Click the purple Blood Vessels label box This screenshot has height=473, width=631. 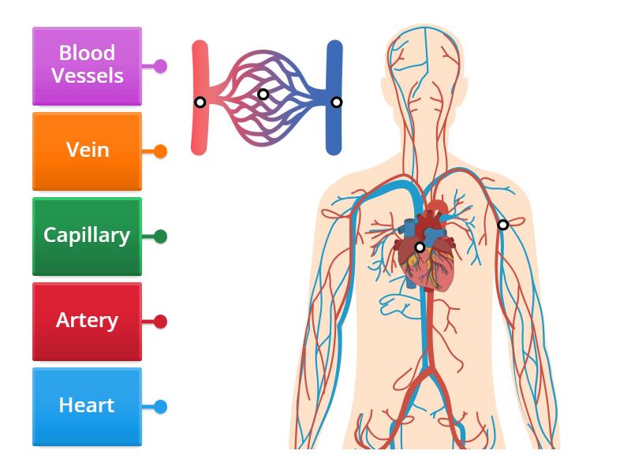[87, 65]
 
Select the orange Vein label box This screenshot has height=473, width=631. [87, 151]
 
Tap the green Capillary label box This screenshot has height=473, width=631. [87, 236]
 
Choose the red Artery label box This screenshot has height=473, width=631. [87, 321]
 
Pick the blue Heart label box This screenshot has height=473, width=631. [87, 406]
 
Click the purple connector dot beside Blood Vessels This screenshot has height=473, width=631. [160, 66]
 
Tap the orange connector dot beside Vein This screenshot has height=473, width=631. [160, 151]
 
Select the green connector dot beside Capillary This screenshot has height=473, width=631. [160, 236]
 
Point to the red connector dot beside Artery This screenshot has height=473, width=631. [160, 322]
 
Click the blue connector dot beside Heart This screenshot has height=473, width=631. [160, 407]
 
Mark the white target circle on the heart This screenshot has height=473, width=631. [420, 247]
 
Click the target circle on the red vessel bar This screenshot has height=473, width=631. [200, 102]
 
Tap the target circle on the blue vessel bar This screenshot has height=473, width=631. [336, 102]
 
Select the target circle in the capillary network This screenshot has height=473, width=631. [263, 94]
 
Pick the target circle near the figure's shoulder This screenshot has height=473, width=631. [502, 225]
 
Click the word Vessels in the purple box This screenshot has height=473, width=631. [87, 76]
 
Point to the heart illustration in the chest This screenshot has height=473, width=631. [430, 252]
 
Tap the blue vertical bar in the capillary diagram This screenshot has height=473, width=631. [335, 130]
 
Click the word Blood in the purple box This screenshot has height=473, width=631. [87, 54]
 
